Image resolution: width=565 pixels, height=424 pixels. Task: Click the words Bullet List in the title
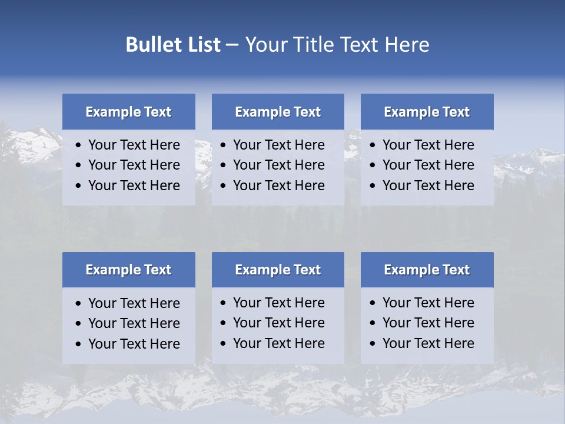coord(173,45)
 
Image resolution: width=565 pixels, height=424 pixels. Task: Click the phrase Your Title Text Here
coord(337,45)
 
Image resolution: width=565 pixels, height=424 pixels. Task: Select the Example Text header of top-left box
coord(128,112)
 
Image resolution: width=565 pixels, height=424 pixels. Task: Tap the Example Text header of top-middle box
coord(278,112)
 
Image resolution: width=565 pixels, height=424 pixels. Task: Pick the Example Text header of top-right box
coord(427,112)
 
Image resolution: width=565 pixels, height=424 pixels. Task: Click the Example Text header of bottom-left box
coord(128,270)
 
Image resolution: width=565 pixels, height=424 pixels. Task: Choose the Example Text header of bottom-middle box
coord(278,270)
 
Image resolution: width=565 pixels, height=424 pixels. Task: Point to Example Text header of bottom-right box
coord(427,270)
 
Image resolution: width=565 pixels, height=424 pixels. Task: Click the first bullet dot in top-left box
coord(79,145)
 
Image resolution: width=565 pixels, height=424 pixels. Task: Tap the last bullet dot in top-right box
coord(373,186)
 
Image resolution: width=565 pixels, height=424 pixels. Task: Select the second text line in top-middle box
coord(279,165)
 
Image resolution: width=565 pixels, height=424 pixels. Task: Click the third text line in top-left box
coord(134,185)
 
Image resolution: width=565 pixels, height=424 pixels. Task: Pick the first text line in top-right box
coord(428,145)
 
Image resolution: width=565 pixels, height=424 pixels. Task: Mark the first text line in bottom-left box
coord(134,303)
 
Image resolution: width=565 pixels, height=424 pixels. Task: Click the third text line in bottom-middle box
coord(279,343)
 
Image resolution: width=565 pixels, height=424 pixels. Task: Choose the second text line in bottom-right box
coord(428,323)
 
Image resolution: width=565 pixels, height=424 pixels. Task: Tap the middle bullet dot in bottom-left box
coord(79,324)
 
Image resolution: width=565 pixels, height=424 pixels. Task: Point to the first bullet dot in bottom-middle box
coord(224,303)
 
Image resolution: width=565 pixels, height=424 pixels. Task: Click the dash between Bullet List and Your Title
coord(232,45)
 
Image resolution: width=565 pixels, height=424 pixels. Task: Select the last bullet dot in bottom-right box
coord(373,344)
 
